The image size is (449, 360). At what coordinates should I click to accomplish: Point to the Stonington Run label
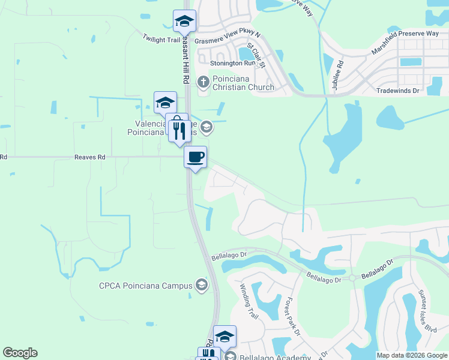[x=233, y=63]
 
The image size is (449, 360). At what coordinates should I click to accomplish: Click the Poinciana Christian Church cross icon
[x=203, y=80]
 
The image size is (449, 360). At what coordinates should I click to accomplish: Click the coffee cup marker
[x=195, y=157]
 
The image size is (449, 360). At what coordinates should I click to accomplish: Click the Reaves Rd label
[x=89, y=157]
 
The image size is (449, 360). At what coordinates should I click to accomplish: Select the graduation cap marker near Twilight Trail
[x=185, y=22]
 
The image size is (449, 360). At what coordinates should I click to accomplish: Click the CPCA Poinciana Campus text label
[x=146, y=286]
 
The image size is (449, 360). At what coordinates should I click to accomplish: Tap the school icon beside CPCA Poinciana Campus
[x=202, y=285]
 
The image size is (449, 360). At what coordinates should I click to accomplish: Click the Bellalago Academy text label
[x=276, y=357]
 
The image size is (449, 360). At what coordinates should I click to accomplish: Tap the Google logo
[x=20, y=353]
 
